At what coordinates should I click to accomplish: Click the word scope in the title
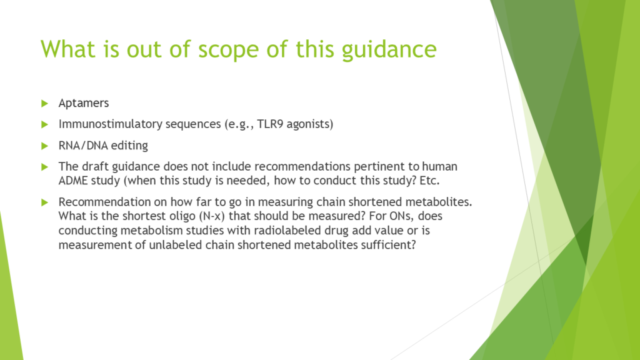pos(228,50)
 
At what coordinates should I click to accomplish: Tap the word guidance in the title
pos(389,50)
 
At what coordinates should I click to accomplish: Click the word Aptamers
pos(84,103)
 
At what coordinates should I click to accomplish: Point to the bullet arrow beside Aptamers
pos(45,103)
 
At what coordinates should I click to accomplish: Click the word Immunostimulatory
pos(110,124)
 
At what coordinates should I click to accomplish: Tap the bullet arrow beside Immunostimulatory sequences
pos(45,124)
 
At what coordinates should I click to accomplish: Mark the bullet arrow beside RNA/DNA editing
pos(45,146)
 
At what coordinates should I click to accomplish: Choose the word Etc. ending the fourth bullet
pos(429,181)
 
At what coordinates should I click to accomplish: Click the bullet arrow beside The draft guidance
pos(45,167)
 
